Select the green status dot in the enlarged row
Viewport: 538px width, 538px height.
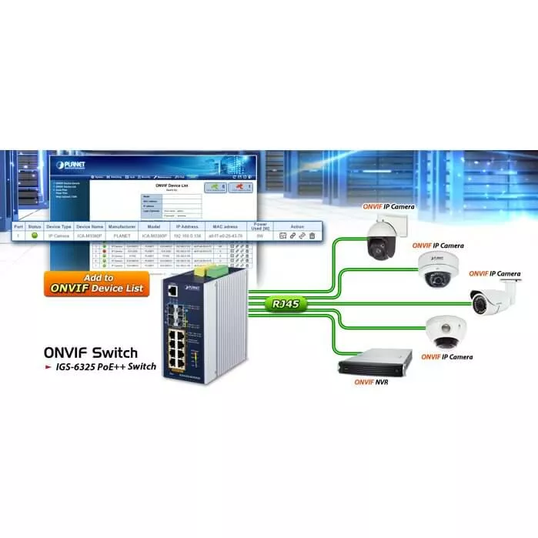[35, 236]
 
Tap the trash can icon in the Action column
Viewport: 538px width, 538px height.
[312, 236]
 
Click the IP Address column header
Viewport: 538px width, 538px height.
[188, 226]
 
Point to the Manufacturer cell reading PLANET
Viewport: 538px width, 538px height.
[122, 236]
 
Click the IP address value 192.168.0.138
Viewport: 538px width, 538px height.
[188, 236]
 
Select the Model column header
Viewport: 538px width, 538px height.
[154, 226]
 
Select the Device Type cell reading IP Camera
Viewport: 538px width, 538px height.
[58, 236]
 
